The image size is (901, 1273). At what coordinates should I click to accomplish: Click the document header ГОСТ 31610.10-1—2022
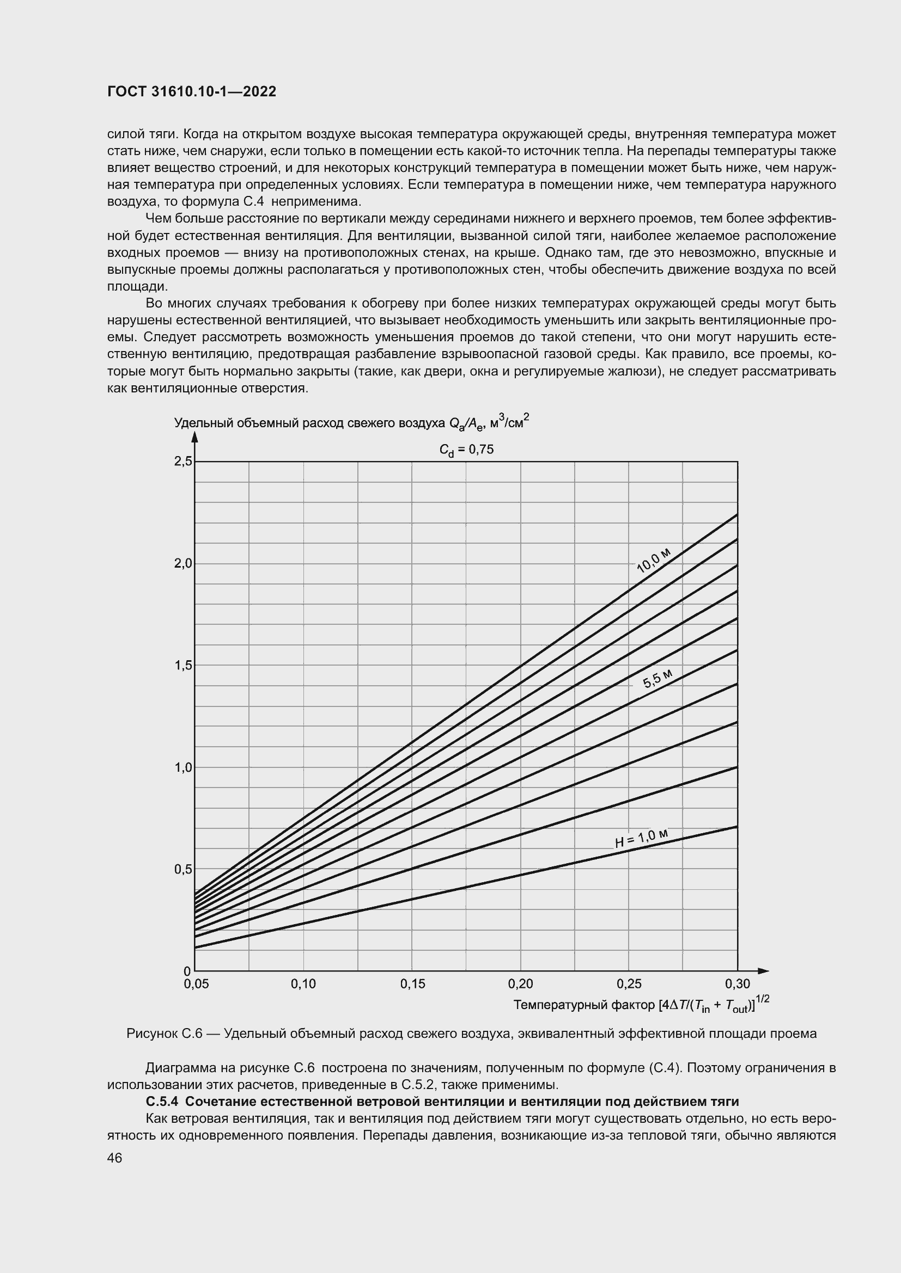pos(191,92)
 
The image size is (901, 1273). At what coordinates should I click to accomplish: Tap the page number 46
pos(115,1158)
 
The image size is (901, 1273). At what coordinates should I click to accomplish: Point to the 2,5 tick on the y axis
pos(183,462)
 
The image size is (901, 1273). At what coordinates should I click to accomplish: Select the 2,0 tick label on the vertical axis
pos(183,563)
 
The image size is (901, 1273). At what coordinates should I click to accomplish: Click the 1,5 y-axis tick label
pos(183,665)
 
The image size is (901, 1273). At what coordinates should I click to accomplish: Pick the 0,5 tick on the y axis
pos(183,869)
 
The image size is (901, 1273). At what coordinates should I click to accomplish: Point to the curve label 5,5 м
pos(658,679)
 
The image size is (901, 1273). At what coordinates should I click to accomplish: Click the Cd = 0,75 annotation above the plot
pos(466,450)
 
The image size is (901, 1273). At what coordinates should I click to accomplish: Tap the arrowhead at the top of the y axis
pos(194,438)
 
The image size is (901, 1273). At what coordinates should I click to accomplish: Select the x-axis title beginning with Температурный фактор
pos(641,1005)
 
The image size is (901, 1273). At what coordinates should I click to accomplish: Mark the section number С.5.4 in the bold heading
pos(161,1101)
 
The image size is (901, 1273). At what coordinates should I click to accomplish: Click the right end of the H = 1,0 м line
pos(737,827)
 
